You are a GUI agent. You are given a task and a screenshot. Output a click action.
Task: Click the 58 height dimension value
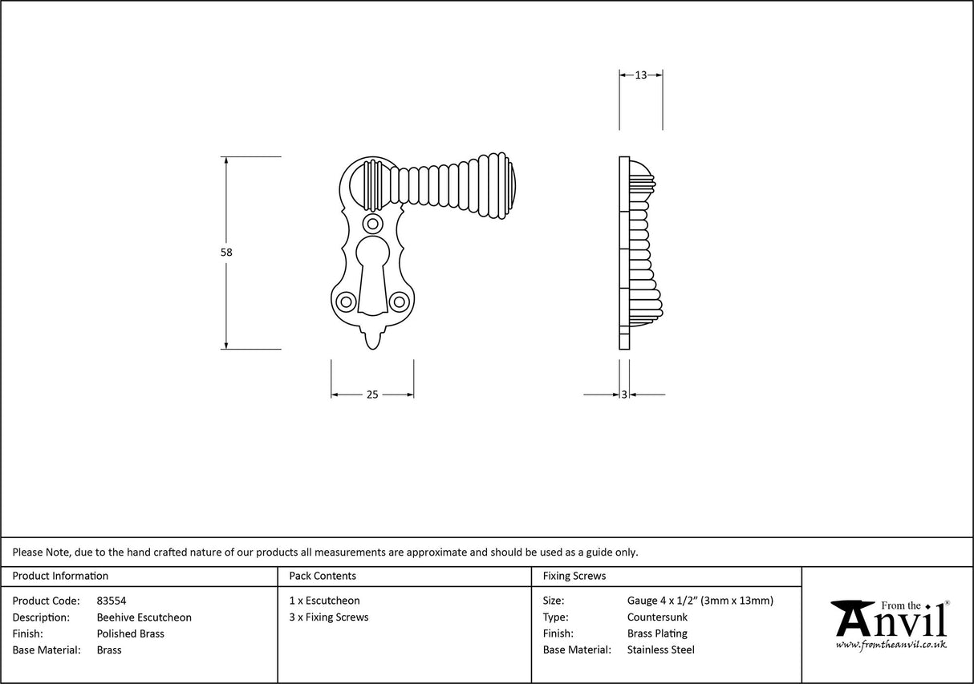[226, 252]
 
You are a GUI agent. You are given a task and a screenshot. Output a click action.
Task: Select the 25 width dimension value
[372, 395]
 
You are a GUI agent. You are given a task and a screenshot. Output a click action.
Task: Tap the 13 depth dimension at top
[640, 75]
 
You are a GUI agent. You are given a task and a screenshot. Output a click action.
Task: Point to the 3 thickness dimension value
[624, 395]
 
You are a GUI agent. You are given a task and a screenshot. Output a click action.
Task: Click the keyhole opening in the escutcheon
[372, 273]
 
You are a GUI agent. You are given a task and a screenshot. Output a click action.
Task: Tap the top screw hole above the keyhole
[372, 223]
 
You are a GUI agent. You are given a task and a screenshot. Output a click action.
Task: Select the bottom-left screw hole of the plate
[346, 302]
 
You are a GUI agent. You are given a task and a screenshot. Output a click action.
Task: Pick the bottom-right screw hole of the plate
[399, 302]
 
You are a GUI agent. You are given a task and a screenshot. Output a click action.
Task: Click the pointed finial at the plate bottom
[372, 340]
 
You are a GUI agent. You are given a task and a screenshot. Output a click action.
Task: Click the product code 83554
[111, 601]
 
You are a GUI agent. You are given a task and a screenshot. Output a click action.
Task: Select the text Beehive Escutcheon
[144, 617]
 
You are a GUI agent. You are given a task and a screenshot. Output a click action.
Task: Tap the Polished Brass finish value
[130, 633]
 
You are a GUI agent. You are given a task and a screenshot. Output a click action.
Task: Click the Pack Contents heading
[323, 576]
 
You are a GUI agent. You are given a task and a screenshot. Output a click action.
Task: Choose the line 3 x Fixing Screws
[329, 617]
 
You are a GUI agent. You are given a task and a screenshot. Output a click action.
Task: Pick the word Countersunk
[657, 617]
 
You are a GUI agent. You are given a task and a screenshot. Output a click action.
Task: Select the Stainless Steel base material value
[660, 650]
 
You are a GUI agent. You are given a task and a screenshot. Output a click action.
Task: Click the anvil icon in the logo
[853, 617]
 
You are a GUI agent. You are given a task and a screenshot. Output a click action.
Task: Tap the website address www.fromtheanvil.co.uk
[891, 645]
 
